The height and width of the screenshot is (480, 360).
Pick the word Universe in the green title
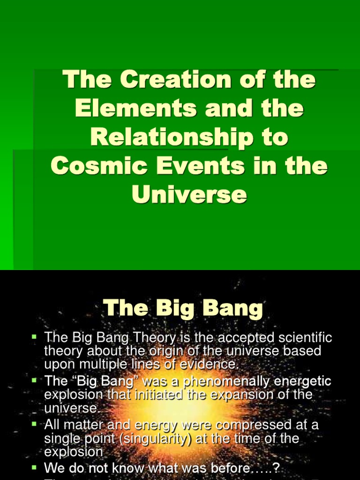pyautogui.click(x=189, y=195)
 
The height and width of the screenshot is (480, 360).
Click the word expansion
pyautogui.click(x=244, y=394)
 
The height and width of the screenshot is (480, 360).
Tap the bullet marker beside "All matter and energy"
pyautogui.click(x=34, y=425)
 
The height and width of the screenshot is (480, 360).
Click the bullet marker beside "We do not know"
pyautogui.click(x=34, y=468)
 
